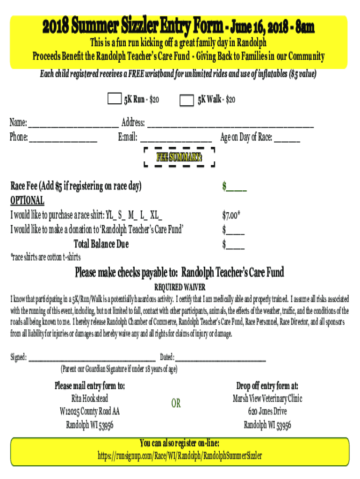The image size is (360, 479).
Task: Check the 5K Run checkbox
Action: pos(114,99)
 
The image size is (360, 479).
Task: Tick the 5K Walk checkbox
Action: pos(187,100)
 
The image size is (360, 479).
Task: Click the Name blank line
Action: pos(73,125)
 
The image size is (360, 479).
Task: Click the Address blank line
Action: pos(230,125)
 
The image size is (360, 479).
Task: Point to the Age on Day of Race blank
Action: pos(287,139)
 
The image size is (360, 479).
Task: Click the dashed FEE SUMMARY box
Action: pos(179,157)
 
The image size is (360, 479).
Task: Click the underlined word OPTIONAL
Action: pos(27,201)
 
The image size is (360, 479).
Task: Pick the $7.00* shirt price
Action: pos(231,216)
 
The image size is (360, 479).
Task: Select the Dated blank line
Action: pos(220,359)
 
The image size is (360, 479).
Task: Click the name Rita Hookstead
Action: pos(89,399)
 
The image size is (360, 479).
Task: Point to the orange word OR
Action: pos(176,403)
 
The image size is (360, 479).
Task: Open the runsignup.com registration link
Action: pos(180,455)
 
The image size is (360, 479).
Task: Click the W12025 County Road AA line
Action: pos(89,412)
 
